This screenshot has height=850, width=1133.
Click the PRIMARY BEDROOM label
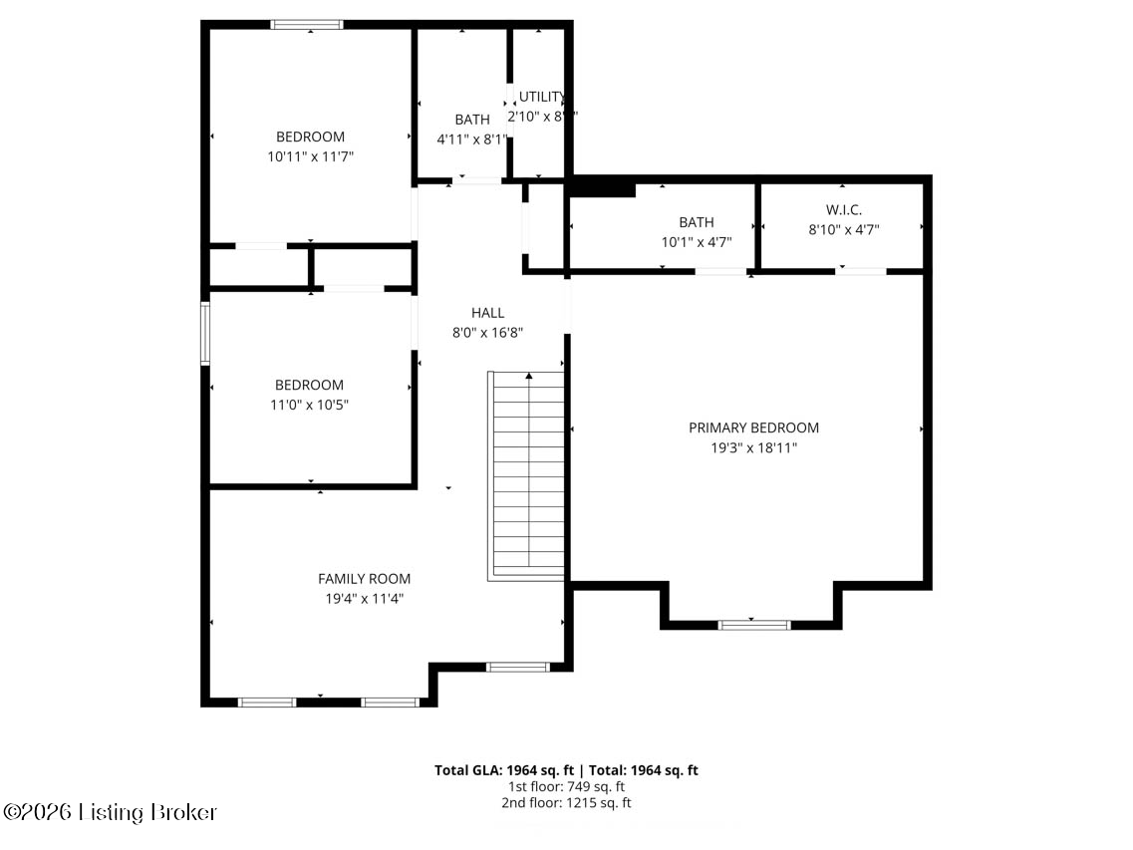(753, 427)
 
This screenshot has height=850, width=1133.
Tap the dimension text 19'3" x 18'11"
(753, 448)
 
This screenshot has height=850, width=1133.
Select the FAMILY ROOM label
(364, 578)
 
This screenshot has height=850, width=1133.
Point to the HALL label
(487, 313)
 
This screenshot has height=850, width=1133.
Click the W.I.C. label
(843, 209)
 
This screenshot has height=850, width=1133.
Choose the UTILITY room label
(542, 97)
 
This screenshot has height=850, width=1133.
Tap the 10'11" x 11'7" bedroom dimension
(311, 156)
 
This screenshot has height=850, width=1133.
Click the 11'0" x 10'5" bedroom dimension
(311, 405)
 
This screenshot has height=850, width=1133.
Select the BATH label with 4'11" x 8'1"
(472, 120)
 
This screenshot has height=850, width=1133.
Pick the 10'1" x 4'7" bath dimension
(697, 242)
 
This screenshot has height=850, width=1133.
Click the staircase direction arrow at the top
(528, 377)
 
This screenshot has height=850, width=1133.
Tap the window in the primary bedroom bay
(754, 625)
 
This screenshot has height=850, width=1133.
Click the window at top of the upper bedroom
(307, 25)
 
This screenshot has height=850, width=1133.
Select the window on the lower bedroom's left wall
(205, 334)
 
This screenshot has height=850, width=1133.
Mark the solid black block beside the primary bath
(601, 186)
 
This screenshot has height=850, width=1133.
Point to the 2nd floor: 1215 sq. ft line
(566, 802)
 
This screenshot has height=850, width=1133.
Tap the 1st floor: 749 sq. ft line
(566, 786)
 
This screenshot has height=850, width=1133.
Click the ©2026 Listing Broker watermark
(110, 813)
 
